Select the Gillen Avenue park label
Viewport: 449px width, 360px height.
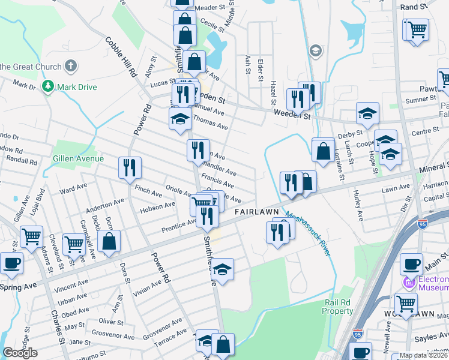79,158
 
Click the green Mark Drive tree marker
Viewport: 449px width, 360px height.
48,87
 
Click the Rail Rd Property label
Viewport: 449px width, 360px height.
338,307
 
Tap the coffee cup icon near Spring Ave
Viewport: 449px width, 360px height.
11,262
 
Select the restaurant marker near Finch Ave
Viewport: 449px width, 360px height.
130,167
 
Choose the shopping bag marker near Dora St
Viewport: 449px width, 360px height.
109,242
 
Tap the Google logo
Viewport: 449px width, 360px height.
20,353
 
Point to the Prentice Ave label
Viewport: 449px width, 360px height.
179,226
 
